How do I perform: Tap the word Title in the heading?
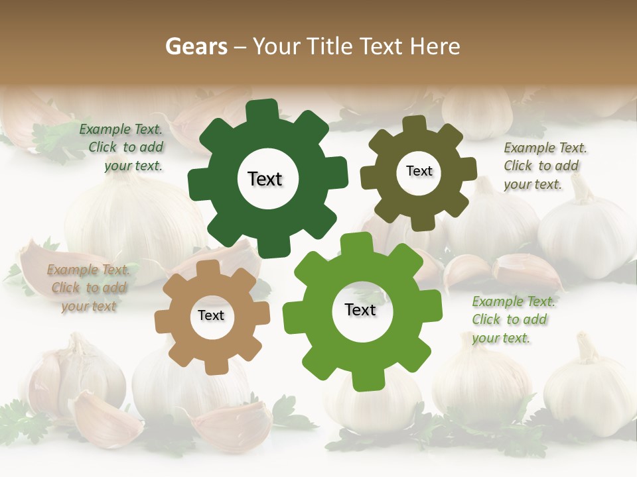pyautogui.click(x=330, y=46)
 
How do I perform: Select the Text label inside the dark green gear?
pyautogui.click(x=265, y=179)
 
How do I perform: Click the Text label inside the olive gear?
pyautogui.click(x=419, y=171)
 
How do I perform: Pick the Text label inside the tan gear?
pyautogui.click(x=211, y=315)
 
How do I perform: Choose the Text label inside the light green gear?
pyautogui.click(x=360, y=309)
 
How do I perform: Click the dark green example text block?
pyautogui.click(x=123, y=148)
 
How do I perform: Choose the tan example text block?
pyautogui.click(x=88, y=288)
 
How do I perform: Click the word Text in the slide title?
pyautogui.click(x=382, y=46)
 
